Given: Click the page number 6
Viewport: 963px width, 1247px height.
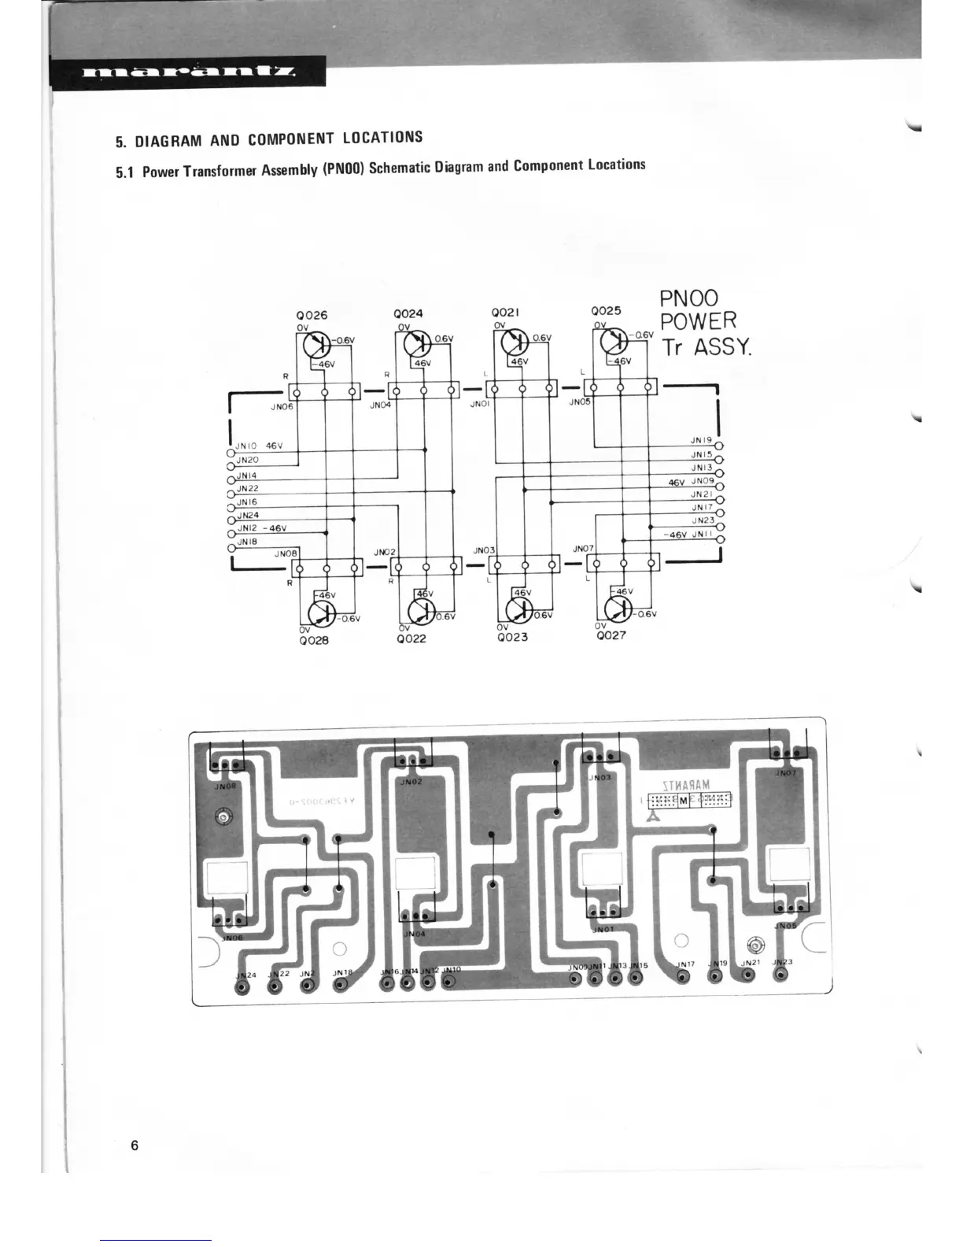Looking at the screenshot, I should click(x=135, y=1145).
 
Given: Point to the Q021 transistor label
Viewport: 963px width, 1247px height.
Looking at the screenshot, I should click(x=505, y=313).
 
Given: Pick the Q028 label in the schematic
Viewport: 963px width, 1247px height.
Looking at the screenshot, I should click(x=313, y=640).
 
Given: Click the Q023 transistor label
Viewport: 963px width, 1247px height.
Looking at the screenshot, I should click(x=512, y=637).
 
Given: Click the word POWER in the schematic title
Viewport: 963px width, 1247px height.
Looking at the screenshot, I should click(x=699, y=322).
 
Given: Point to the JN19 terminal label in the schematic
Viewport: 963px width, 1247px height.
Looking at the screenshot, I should click(x=701, y=441).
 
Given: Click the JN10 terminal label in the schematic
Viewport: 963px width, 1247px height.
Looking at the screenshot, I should click(x=247, y=446).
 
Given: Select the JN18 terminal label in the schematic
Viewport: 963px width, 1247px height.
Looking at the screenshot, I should click(x=247, y=542).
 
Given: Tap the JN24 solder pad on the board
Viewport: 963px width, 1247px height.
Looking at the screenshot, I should click(x=242, y=989).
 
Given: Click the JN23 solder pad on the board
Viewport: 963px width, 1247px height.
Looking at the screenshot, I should click(x=780, y=975).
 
